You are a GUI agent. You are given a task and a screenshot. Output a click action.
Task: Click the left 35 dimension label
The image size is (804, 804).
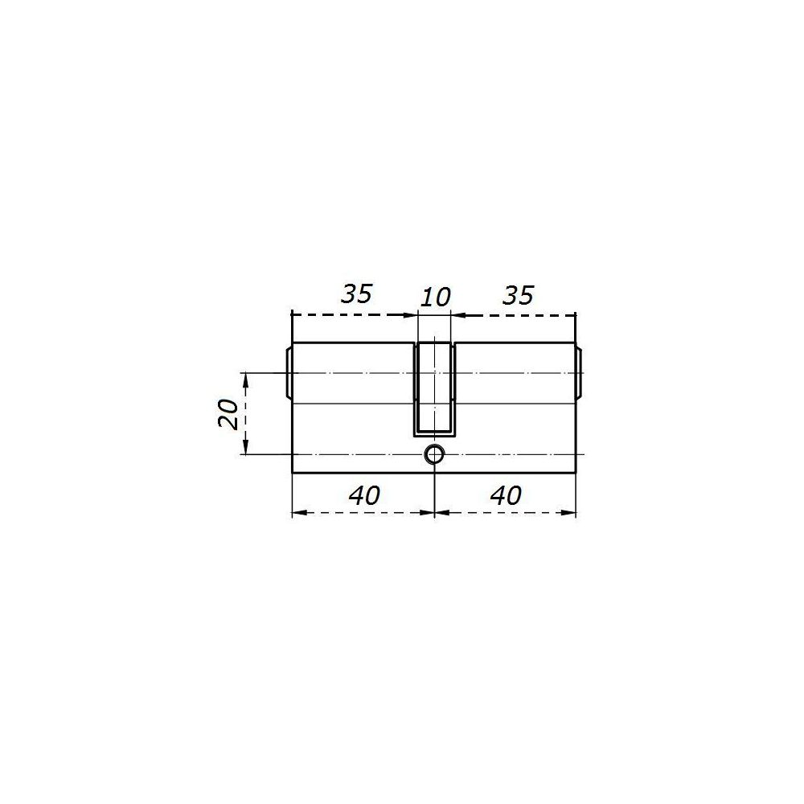(x=357, y=293)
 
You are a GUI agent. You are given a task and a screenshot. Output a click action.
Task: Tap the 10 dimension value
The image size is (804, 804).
(x=435, y=297)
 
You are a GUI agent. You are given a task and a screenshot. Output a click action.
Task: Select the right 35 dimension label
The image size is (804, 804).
(x=519, y=295)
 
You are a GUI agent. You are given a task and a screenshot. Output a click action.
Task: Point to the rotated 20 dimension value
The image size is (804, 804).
(x=228, y=414)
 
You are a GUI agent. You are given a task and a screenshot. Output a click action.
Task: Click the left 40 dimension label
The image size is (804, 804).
(x=364, y=495)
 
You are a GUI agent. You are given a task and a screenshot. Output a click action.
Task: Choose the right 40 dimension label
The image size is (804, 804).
(x=506, y=495)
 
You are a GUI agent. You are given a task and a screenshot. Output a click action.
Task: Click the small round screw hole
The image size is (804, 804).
(x=434, y=454)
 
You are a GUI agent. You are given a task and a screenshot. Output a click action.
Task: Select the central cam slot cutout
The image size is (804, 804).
(x=434, y=390)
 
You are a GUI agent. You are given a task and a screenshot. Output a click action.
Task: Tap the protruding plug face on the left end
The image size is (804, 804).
(x=288, y=373)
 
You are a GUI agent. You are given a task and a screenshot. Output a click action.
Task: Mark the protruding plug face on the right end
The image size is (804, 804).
(x=580, y=373)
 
